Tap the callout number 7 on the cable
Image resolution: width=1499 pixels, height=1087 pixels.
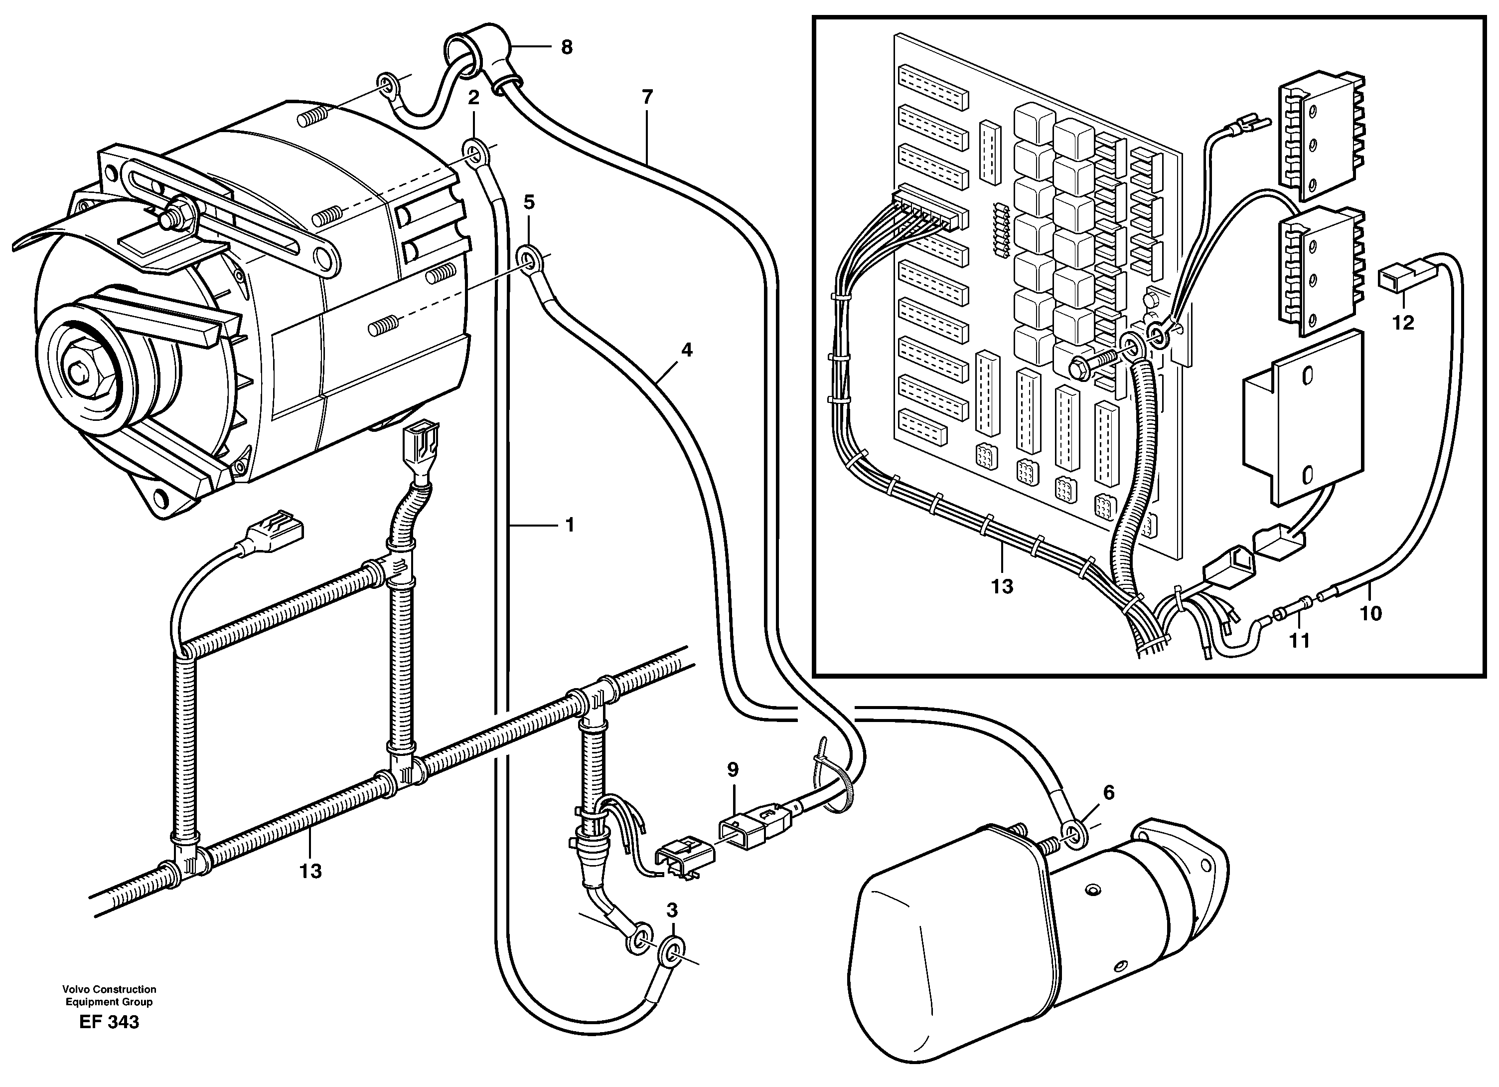(647, 97)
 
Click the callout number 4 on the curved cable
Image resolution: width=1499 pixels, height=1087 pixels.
(687, 350)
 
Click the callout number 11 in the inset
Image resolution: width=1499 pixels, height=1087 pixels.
(1299, 640)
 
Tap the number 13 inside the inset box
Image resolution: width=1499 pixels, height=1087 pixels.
(1002, 586)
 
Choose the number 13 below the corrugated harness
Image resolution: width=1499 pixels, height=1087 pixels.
(310, 872)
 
